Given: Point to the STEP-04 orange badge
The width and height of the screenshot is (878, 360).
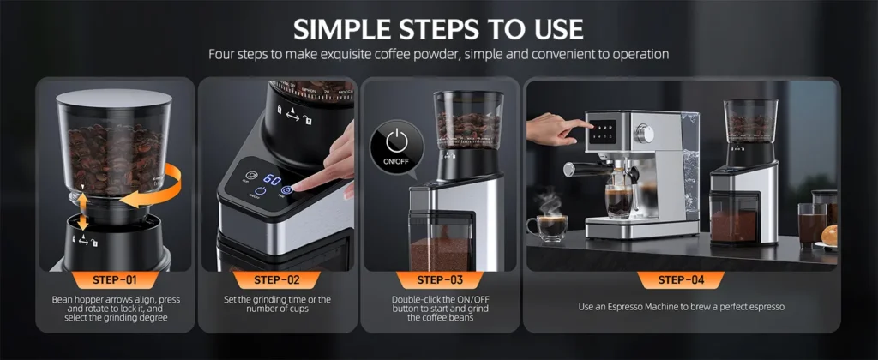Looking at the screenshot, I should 682,279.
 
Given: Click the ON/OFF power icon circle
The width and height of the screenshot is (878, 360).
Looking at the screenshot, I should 395,142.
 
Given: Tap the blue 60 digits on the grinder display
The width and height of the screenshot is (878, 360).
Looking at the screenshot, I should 272,182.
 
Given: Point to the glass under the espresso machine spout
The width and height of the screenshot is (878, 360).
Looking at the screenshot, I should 618,201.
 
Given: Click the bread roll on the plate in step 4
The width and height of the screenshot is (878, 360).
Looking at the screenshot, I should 831,234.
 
